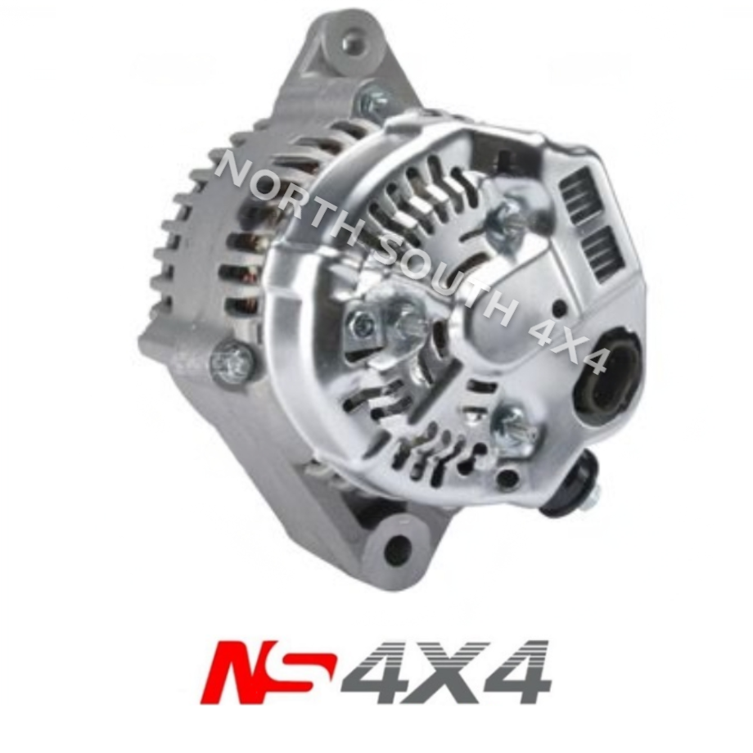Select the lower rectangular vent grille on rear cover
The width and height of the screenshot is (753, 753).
click(606, 250)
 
